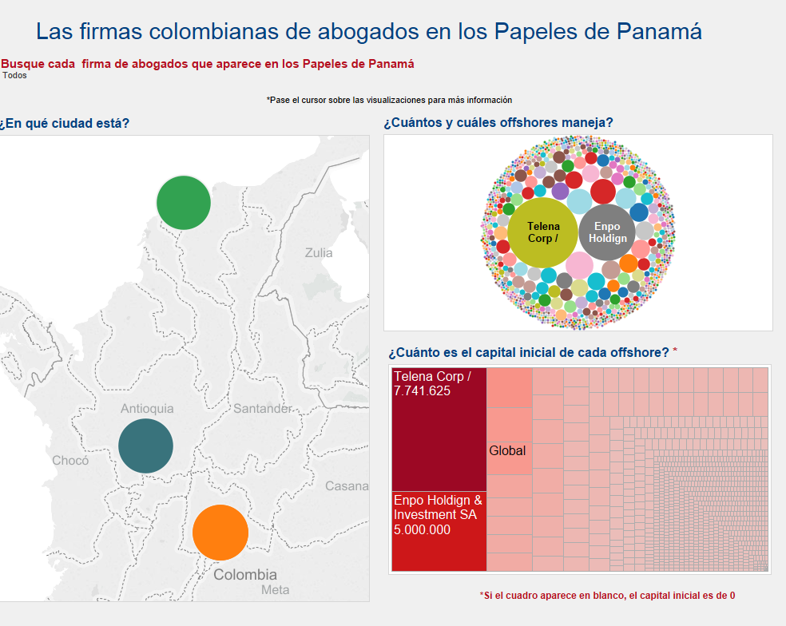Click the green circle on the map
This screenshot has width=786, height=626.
tap(184, 203)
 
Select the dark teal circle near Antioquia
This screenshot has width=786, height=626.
tap(146, 446)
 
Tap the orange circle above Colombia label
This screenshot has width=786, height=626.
tap(220, 533)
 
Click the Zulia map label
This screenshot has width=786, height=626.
tap(319, 252)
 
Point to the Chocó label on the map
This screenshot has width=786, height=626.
tap(70, 460)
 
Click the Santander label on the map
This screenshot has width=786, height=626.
tap(263, 409)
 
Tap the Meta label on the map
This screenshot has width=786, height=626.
tap(276, 589)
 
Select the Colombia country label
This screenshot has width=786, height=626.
tap(245, 574)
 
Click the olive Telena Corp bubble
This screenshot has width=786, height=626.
tap(543, 232)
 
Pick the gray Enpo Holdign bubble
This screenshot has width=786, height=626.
tap(607, 232)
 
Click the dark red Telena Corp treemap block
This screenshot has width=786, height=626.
tap(439, 430)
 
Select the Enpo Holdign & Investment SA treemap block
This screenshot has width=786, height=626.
tap(439, 531)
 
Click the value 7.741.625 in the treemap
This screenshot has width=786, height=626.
tap(422, 391)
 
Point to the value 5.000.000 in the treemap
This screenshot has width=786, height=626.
tap(422, 529)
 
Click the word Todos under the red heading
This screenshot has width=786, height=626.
tap(14, 75)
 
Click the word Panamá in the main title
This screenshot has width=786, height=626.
tap(659, 31)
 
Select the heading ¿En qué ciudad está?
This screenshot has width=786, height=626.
tap(64, 123)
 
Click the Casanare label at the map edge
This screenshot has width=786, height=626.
tap(347, 485)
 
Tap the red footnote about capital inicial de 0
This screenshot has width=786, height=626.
tap(608, 596)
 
